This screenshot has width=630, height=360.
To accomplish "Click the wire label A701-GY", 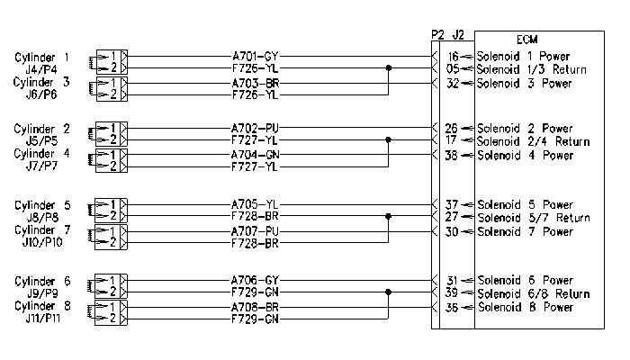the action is coord(255,56).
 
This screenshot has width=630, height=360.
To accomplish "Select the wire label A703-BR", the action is coord(255,83).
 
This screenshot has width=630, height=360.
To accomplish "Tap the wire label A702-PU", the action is coord(255,128).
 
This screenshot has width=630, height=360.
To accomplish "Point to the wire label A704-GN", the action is coord(255,155).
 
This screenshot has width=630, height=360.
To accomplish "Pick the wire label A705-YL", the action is coord(255,204).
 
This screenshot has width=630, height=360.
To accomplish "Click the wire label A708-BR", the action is coord(255,308).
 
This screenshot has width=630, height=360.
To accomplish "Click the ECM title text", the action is coord(526,40).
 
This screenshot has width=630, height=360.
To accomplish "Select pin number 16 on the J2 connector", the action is coord(453,57).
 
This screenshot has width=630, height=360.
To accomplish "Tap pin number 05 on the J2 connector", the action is coord(453,69).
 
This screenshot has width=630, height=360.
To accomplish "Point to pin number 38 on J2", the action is coord(451,155).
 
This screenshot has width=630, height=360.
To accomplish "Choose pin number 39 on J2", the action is coord(451,292).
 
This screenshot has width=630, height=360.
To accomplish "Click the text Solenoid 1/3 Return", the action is coord(532,69).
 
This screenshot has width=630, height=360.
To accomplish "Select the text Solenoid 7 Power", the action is coord(525,232).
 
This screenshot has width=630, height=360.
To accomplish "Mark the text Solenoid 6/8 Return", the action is coord(534,294).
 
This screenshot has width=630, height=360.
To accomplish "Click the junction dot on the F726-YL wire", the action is coord(389,67).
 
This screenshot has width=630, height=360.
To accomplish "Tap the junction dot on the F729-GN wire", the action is coord(388,292).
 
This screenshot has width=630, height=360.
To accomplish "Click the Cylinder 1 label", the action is coord(41,58).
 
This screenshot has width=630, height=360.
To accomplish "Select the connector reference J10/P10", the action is coord(42,242).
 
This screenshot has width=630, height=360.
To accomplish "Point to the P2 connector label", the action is coord(437,35).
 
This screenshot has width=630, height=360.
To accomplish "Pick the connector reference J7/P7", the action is coord(41,166).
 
